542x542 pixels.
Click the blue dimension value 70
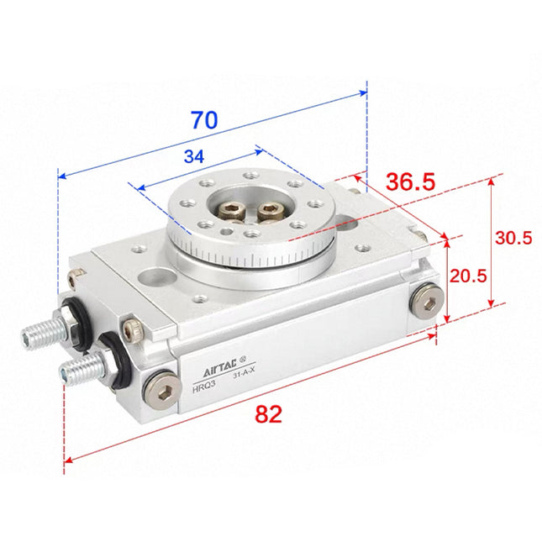[203, 119]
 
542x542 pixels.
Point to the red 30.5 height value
[513, 238]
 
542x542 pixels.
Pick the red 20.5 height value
[467, 276]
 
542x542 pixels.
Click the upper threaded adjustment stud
[41, 332]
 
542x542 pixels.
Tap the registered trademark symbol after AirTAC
[244, 363]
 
